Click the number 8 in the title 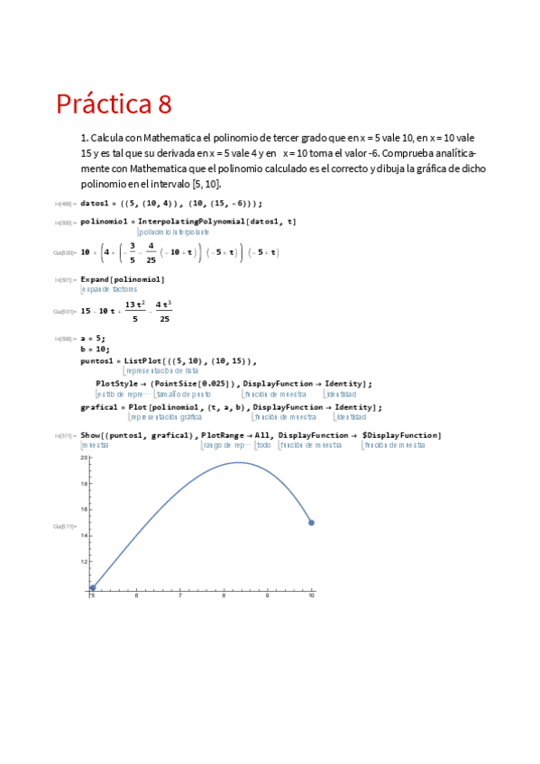(163, 105)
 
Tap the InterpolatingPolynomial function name (196, 221)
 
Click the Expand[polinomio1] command (123, 279)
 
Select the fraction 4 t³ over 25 (163, 311)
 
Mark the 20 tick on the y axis (84, 458)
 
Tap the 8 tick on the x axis (224, 596)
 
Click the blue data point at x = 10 (311, 523)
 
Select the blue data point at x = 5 (92, 587)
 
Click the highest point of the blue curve (239, 463)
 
